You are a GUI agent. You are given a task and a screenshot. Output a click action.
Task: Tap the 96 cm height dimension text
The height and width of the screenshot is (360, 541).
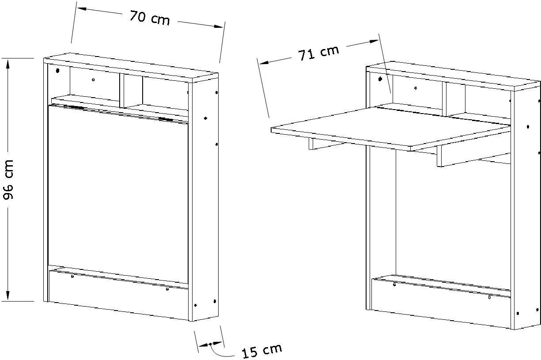click(8, 179)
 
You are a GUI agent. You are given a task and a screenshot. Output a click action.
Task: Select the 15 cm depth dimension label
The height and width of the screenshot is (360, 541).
click(262, 350)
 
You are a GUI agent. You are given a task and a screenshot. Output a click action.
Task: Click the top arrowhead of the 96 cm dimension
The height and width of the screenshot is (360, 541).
click(8, 64)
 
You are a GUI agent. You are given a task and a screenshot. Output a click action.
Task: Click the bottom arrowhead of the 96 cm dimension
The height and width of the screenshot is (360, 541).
click(8, 296)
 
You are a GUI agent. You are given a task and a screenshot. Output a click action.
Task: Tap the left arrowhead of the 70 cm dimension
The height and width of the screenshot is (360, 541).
click(82, 9)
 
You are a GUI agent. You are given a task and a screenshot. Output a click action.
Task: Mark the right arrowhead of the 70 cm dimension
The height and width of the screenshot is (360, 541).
click(218, 26)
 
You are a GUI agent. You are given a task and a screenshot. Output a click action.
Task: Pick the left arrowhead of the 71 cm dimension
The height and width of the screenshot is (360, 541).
click(265, 62)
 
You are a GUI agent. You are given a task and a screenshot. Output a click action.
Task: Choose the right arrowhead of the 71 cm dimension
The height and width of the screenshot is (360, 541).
click(373, 42)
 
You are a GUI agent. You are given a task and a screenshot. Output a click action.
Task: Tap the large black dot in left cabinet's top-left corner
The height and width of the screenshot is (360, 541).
click(57, 71)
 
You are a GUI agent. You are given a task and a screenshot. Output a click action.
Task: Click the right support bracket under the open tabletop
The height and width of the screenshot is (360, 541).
click(473, 156)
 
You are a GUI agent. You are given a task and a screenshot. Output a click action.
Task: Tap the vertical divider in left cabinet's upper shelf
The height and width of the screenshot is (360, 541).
click(122, 91)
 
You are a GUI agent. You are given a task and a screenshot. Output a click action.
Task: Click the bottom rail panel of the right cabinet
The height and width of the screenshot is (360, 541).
click(441, 303)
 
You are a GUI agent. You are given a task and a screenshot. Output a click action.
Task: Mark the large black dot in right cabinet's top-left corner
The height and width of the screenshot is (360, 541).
click(380, 79)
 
